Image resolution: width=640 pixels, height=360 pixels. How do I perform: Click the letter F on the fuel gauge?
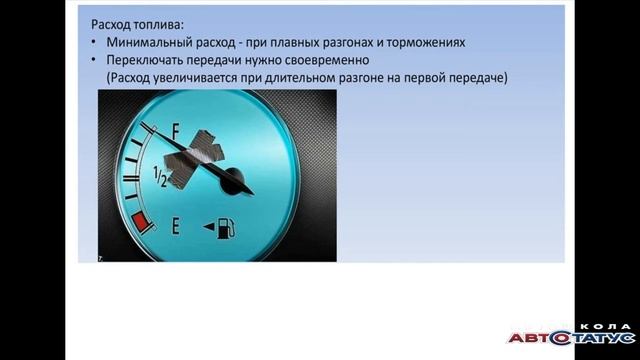176,131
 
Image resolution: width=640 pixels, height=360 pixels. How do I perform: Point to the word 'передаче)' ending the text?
478,78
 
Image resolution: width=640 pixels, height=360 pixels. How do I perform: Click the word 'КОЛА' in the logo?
606,327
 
